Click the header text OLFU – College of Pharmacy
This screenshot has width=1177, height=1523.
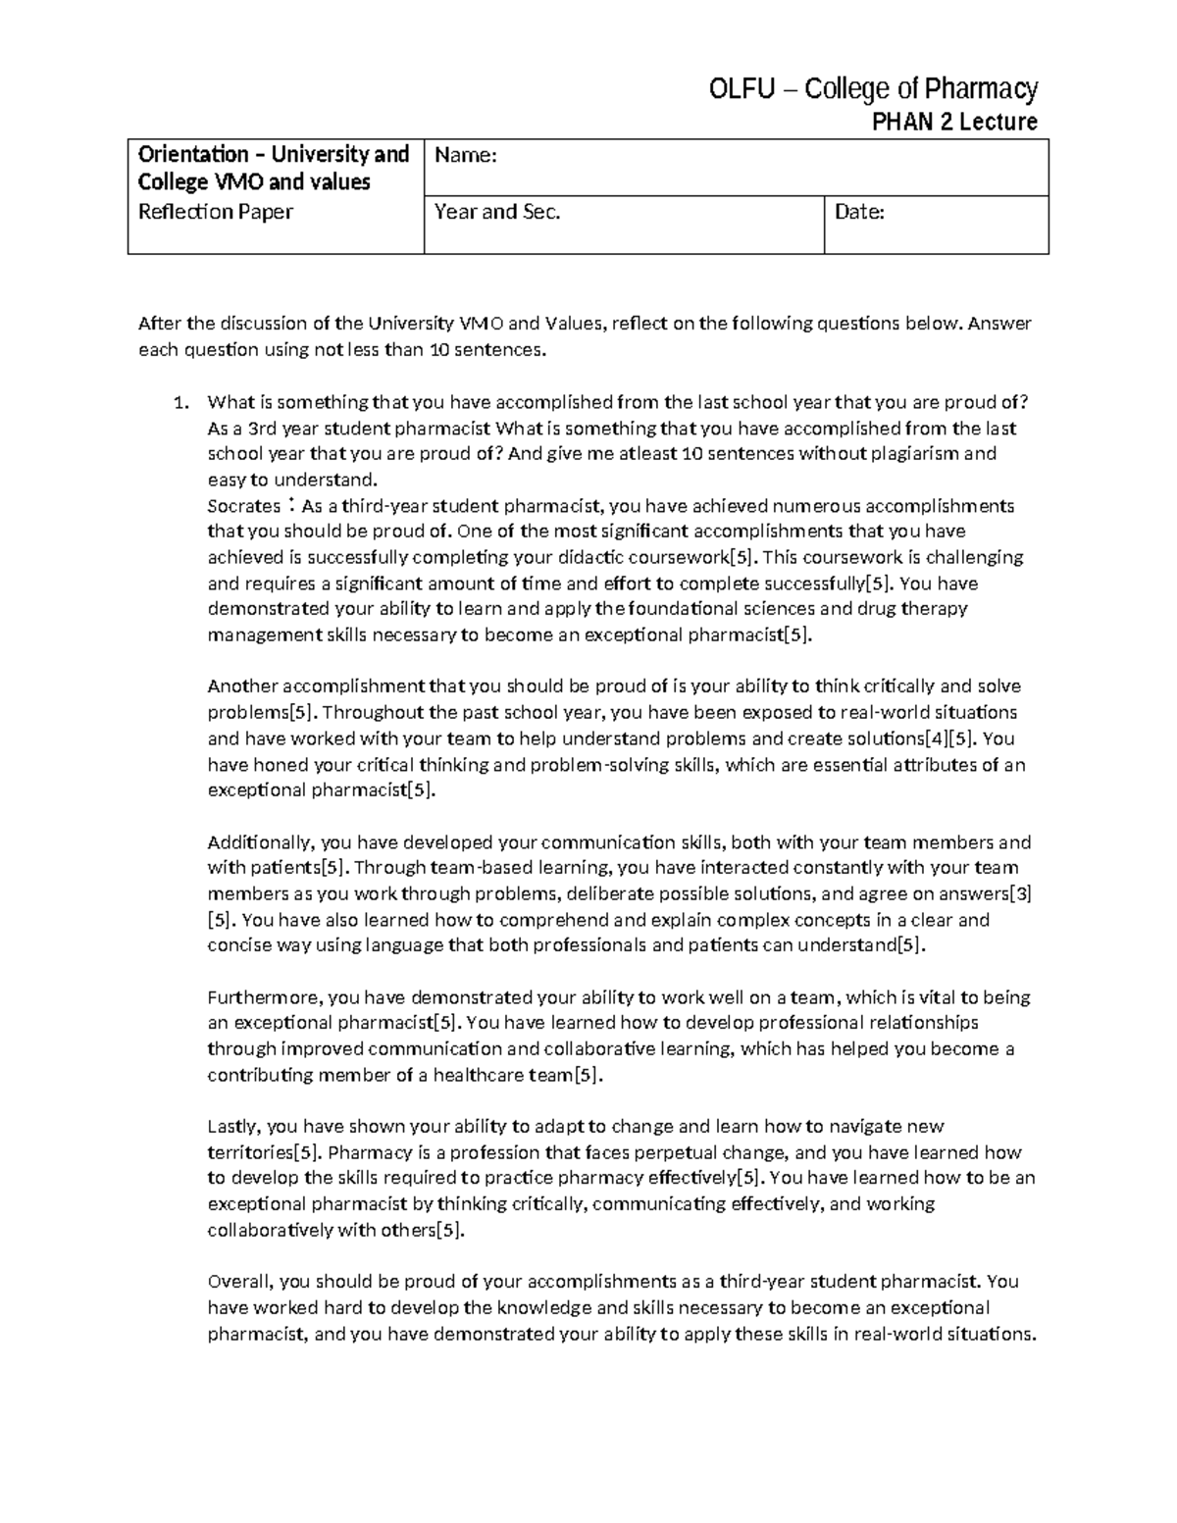pos(873,90)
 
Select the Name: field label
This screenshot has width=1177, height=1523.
pos(466,155)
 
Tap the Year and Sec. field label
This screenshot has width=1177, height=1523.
pos(497,212)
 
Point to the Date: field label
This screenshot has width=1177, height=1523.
pos(859,212)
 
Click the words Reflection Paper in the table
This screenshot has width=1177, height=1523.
pos(216,212)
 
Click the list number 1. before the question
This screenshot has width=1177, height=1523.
pos(179,402)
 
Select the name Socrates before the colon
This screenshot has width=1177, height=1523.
pos(244,506)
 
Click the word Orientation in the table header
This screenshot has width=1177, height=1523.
pos(193,154)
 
